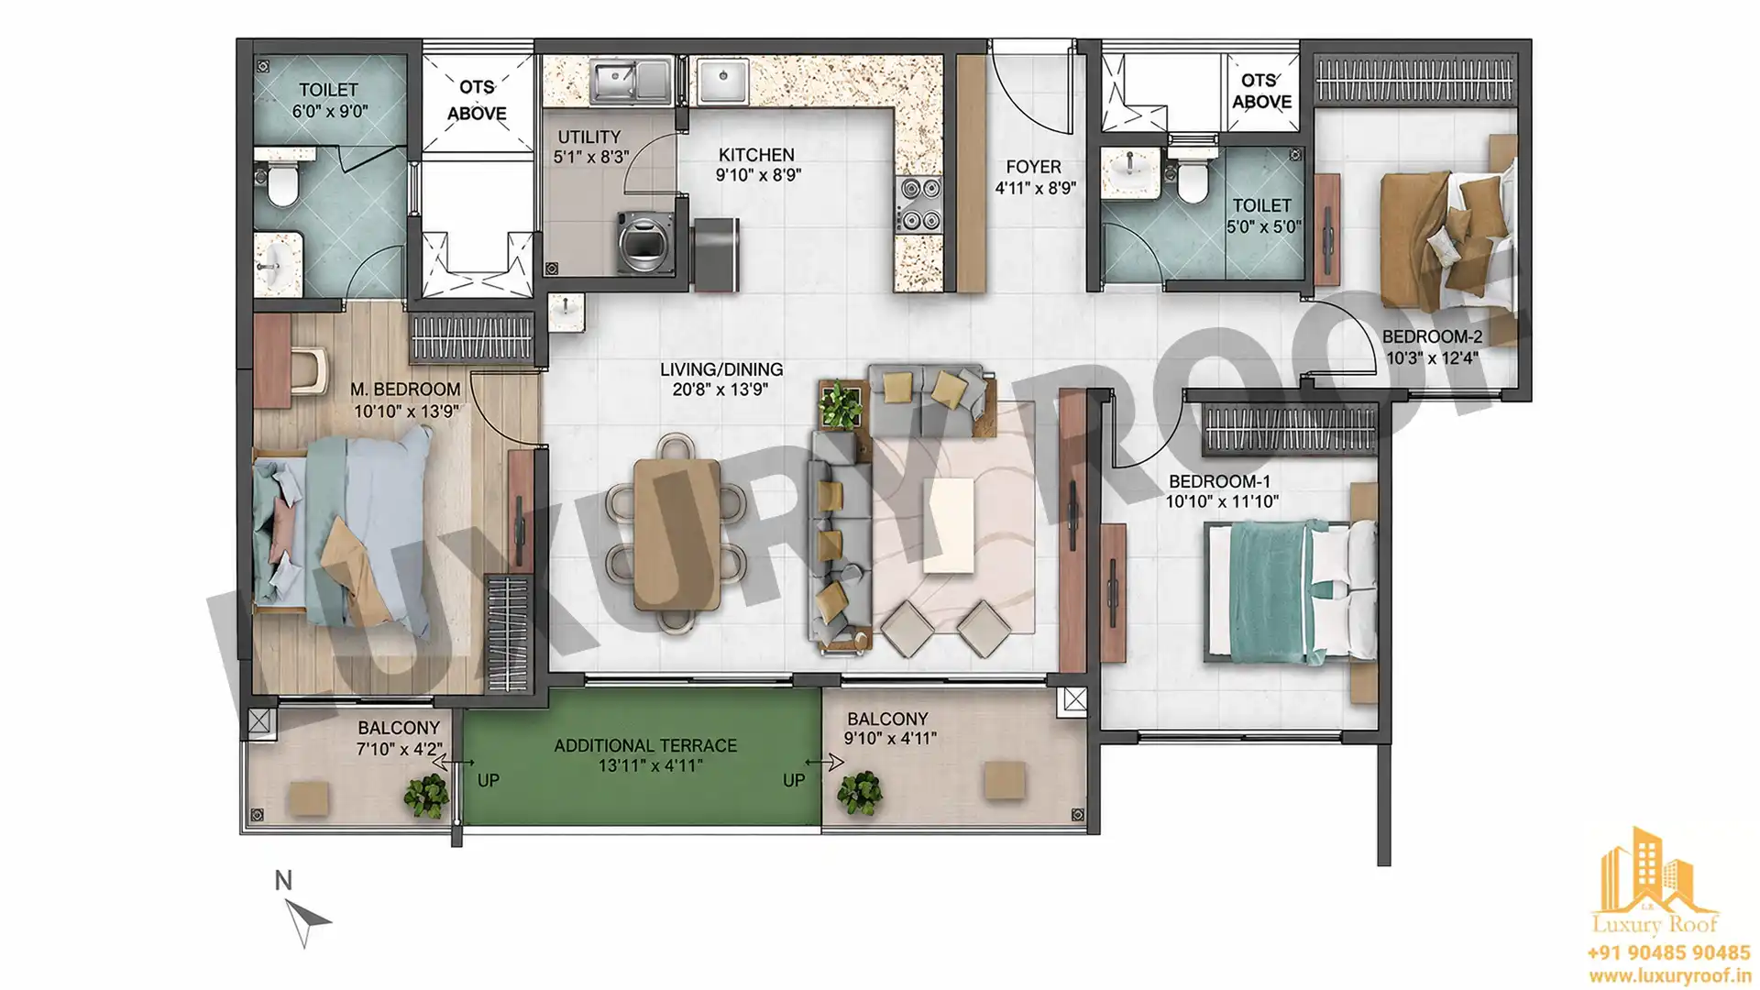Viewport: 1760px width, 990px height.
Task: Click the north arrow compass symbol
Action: coord(307,920)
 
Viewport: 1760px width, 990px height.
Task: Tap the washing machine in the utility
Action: coord(645,242)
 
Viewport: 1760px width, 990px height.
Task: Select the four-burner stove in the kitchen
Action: coord(918,204)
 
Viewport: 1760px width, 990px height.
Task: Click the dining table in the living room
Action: coord(676,533)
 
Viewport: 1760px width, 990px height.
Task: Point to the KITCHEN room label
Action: coord(756,155)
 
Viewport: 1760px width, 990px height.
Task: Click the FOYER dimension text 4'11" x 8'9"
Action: coord(1035,188)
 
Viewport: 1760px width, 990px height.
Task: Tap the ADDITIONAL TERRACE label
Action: coord(645,745)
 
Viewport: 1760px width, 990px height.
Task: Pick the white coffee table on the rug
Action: coord(949,525)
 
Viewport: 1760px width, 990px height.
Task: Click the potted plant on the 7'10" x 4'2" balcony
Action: coord(427,796)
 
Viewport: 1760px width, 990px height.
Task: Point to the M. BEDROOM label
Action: coord(405,390)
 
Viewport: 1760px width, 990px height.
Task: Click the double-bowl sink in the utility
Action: coord(631,82)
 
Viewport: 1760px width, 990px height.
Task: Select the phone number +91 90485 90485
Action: coord(1668,953)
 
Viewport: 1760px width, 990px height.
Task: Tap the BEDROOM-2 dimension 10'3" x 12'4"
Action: coord(1431,357)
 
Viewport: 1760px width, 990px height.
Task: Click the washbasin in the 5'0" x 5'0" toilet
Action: coord(1130,173)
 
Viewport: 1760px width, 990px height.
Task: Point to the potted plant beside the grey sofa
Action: coord(841,404)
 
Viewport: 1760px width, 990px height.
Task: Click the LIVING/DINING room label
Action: coord(721,369)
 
